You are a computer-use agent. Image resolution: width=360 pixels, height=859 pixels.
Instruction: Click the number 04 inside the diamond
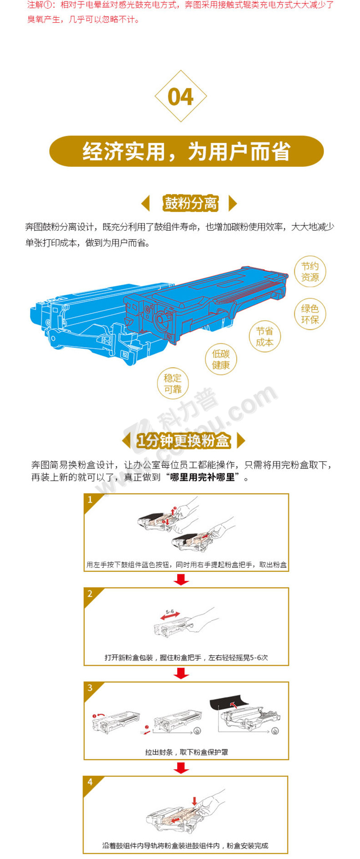point(181,97)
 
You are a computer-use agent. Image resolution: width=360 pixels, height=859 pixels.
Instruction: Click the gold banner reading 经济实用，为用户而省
point(186,151)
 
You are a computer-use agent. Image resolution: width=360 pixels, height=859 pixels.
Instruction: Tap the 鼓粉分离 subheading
point(190,203)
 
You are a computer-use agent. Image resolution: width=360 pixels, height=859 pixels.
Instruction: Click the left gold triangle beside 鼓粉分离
point(145,203)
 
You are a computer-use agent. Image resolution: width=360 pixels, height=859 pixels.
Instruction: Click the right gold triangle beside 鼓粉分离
point(232,203)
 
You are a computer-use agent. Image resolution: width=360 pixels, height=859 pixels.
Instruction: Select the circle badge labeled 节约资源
point(310,272)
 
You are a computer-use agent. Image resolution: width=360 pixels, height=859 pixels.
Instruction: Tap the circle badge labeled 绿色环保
point(310,314)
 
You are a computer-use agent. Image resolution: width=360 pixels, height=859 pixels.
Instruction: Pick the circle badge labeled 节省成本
point(264,337)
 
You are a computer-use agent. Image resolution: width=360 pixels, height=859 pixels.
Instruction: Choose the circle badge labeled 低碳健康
point(221,359)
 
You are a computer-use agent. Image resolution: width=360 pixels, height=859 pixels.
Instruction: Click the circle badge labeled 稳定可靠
point(173,383)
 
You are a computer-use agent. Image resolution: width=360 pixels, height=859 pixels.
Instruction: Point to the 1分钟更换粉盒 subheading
point(184,441)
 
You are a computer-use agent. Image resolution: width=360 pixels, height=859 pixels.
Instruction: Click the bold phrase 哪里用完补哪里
point(202,478)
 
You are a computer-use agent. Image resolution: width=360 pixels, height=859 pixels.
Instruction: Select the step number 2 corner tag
point(91,594)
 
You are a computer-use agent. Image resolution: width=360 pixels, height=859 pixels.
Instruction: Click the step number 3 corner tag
point(91,689)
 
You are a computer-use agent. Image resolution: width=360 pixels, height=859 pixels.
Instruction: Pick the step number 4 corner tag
point(90,782)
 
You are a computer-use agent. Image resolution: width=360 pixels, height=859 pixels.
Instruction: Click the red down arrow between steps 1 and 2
point(181,580)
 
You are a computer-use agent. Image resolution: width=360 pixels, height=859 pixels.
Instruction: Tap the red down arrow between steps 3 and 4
point(181,768)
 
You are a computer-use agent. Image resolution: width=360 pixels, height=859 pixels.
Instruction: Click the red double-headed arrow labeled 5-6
point(170,616)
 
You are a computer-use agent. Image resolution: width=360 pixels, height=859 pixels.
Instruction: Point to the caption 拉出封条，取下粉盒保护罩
point(186,752)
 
